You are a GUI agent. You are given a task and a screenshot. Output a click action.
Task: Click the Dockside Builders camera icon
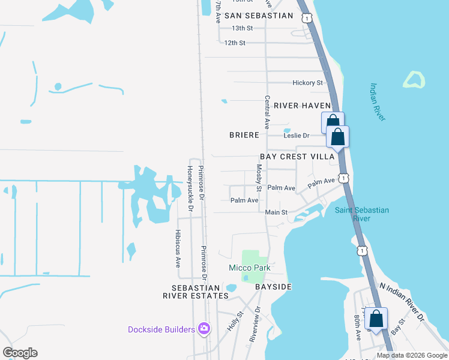205,329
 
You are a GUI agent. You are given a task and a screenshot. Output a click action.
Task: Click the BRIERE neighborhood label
244,136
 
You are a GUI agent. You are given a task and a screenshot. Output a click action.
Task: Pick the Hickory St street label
307,83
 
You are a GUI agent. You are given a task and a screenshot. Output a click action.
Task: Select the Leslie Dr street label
297,136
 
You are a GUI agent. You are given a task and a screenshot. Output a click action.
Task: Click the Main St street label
277,212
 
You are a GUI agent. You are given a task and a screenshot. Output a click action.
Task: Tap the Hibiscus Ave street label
178,247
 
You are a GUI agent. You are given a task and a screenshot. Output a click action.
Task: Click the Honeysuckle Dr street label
189,188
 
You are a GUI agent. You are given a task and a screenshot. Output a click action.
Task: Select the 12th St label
235,43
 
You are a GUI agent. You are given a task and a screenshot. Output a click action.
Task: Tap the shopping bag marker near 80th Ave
376,319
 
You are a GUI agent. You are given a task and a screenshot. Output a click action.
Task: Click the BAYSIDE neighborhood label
273,287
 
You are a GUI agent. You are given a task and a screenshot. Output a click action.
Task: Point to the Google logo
20,353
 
